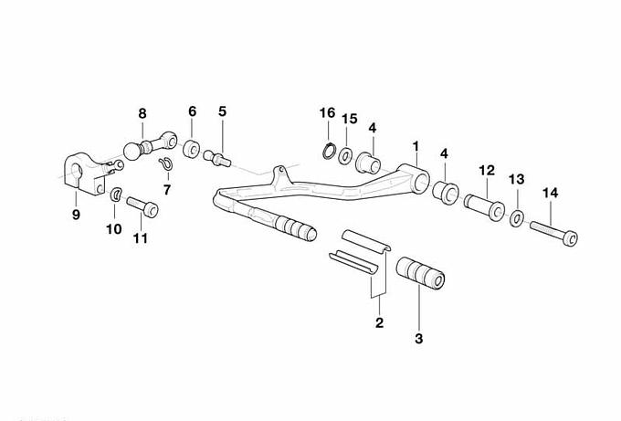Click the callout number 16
tap(328, 113)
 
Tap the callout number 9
tap(76, 215)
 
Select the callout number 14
tap(550, 193)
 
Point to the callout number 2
tap(379, 322)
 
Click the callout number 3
tap(418, 339)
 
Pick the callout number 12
tap(487, 170)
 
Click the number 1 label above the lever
tap(416, 146)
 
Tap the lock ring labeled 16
tap(329, 152)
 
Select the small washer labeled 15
tap(346, 155)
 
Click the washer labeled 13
tap(517, 218)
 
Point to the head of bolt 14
tap(570, 238)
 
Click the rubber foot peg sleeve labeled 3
tap(420, 273)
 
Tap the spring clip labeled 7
tap(165, 163)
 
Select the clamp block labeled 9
tap(84, 174)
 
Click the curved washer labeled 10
tap(116, 194)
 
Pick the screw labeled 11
tap(142, 206)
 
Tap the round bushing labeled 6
tap(192, 149)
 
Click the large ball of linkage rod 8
tap(132, 151)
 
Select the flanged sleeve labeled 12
tap(484, 207)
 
